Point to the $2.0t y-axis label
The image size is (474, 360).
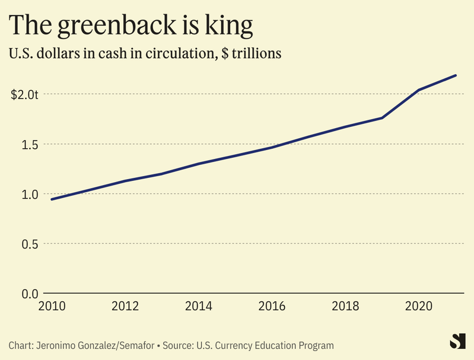pyautogui.click(x=24, y=94)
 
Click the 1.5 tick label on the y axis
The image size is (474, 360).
pyautogui.click(x=30, y=144)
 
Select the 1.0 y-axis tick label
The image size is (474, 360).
pyautogui.click(x=30, y=194)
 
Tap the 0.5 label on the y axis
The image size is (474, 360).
pyautogui.click(x=30, y=244)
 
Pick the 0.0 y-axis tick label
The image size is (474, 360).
pyautogui.click(x=30, y=294)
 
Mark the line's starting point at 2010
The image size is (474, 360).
pyautogui.click(x=51, y=199)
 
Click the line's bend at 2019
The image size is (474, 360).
pyautogui.click(x=383, y=117)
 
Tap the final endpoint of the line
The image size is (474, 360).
pyautogui.click(x=456, y=75)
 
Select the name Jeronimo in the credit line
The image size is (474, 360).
pyautogui.click(x=56, y=345)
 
